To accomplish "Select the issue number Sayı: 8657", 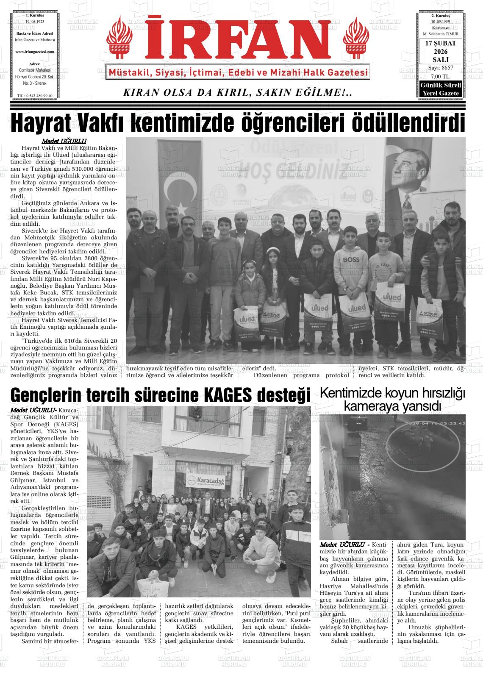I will pyautogui.click(x=440, y=68).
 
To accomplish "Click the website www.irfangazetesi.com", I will pyautogui.click(x=35, y=51).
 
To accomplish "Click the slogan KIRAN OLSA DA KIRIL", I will pyautogui.click(x=237, y=92).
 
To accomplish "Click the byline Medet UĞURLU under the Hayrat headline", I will pyautogui.click(x=64, y=141).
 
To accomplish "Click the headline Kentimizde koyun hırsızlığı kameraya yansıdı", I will pyautogui.click(x=392, y=399).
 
